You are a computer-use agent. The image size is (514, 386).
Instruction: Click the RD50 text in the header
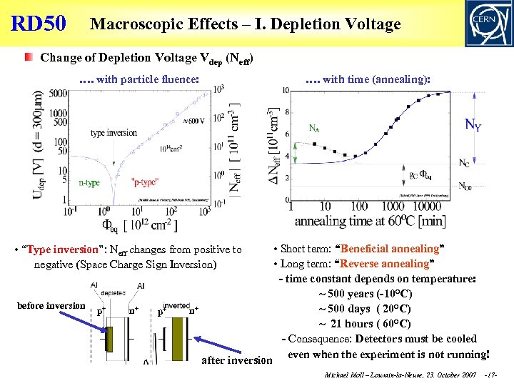tap(39, 24)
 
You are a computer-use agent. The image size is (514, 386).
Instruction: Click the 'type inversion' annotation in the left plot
tap(114, 133)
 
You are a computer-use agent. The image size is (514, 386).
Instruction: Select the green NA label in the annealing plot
tap(313, 129)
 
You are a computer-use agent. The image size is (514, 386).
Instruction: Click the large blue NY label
tap(473, 126)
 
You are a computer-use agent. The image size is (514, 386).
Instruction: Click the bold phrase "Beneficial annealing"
tap(391, 249)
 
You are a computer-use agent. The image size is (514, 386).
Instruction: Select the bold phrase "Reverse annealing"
tap(395, 264)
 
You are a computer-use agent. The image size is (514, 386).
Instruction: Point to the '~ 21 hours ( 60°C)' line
tap(365, 324)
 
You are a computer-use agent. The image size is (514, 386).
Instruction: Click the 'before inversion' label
tap(51, 305)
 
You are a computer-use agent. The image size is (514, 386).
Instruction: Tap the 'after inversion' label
tap(236, 360)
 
